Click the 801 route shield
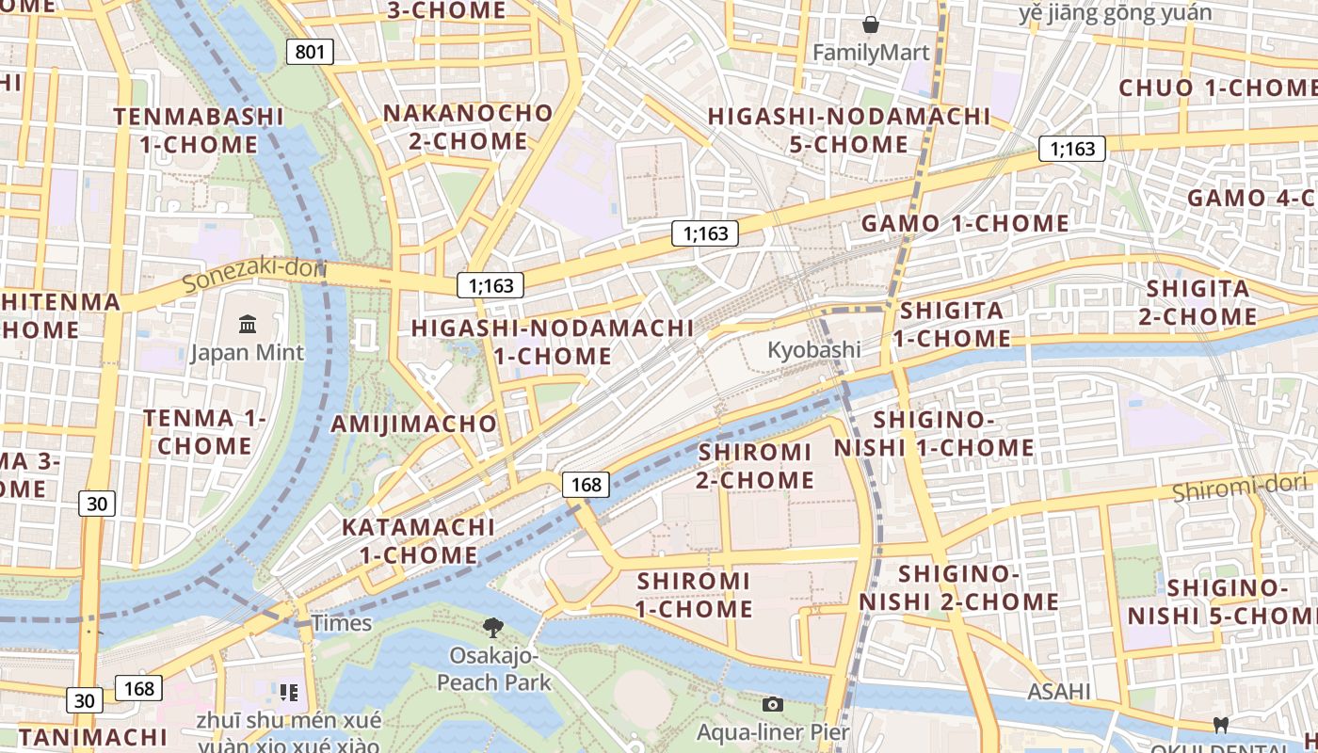(x=310, y=51)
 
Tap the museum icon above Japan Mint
(x=248, y=325)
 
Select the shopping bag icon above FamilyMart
(x=871, y=24)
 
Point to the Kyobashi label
(x=814, y=349)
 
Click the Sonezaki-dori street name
(x=254, y=275)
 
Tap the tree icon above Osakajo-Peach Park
(x=492, y=627)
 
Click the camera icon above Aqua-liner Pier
(x=773, y=704)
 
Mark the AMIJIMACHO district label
(x=413, y=424)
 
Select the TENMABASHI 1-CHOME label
(x=199, y=131)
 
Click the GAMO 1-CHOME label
(x=965, y=224)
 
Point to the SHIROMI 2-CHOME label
(x=755, y=466)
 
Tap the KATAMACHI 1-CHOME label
(x=418, y=540)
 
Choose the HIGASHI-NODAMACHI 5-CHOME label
(x=849, y=131)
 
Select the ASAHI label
(x=1059, y=692)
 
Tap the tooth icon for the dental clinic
(x=1221, y=726)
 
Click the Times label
(x=342, y=623)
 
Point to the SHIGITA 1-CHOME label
(x=952, y=324)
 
